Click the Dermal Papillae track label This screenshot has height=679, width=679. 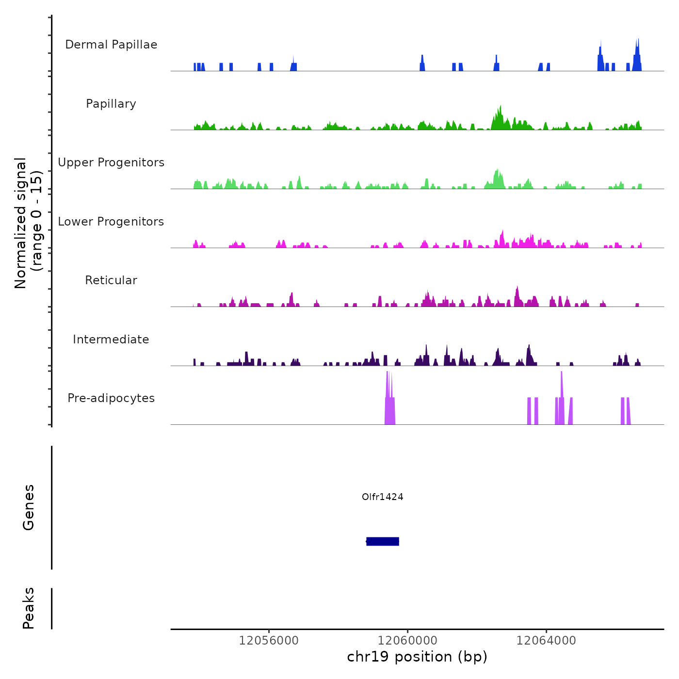point(111,45)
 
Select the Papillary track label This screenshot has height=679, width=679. point(111,104)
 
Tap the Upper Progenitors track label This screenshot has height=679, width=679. point(111,162)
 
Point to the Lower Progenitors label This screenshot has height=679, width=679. point(111,222)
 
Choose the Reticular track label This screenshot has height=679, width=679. point(111,280)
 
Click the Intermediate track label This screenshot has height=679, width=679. point(111,339)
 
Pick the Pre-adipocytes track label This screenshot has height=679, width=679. point(111,398)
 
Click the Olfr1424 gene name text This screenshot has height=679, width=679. point(383,497)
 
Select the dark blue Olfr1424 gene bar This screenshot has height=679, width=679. point(383,541)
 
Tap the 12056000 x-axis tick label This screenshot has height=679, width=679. point(269,641)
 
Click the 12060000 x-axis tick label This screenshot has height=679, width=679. point(407,641)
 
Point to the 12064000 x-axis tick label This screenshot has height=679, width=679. point(546,641)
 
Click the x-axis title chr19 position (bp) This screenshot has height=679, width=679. point(417,657)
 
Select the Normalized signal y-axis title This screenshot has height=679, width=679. point(28,223)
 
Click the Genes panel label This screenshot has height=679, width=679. point(29,507)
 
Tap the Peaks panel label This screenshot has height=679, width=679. point(29,608)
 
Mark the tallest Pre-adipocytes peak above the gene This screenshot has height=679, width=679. point(388,388)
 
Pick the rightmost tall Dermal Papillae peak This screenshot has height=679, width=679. point(638,48)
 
